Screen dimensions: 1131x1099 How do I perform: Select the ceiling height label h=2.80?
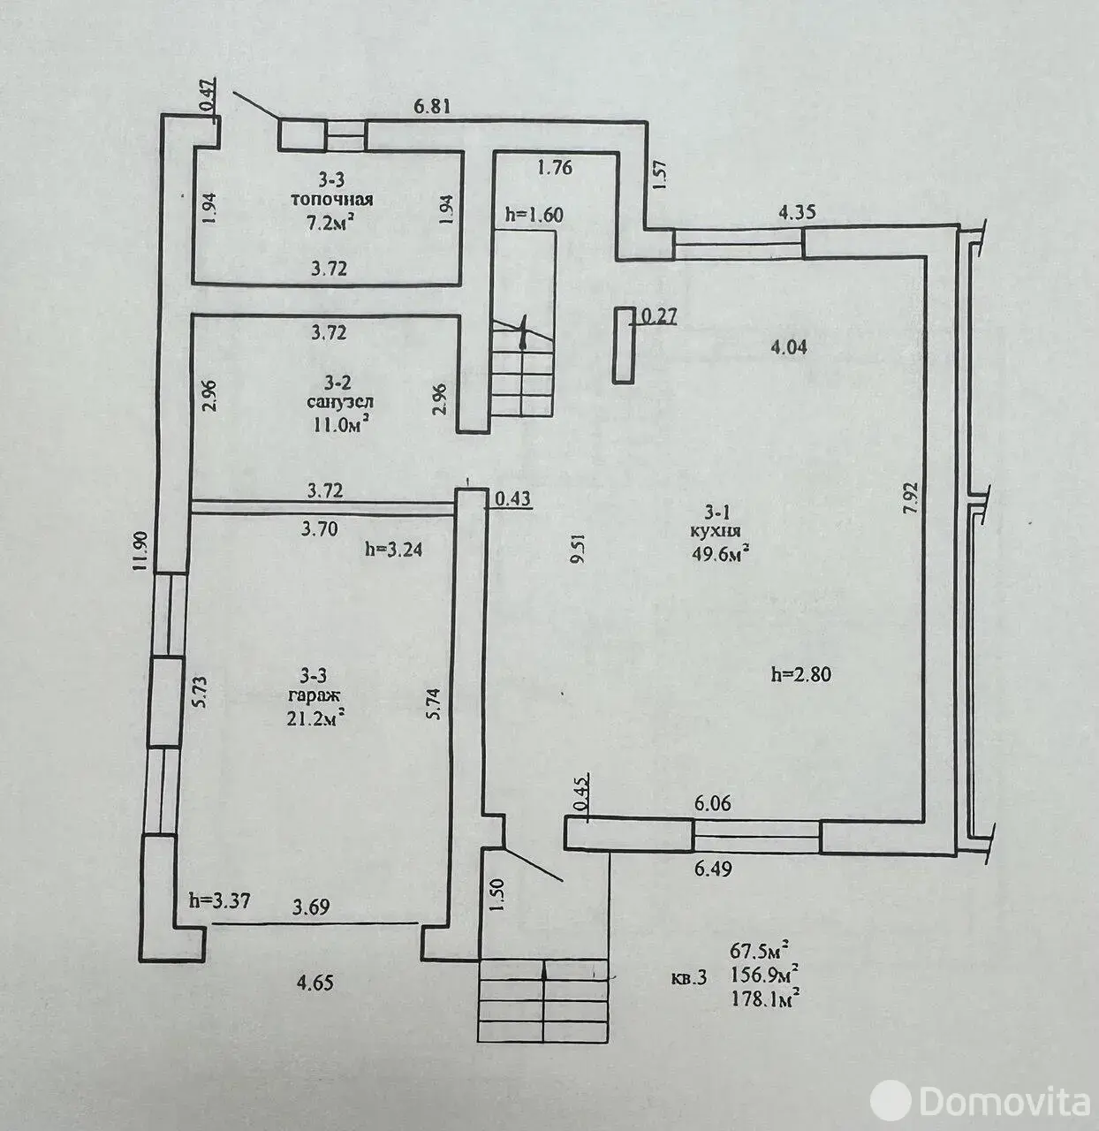pyautogui.click(x=801, y=675)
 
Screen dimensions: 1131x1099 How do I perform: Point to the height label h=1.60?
pyautogui.click(x=534, y=214)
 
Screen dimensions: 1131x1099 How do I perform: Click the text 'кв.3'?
pyautogui.click(x=688, y=978)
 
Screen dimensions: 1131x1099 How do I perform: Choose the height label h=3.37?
pyautogui.click(x=220, y=901)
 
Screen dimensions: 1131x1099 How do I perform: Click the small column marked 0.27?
pyautogui.click(x=625, y=345)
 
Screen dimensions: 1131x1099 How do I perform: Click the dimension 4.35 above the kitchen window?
pyautogui.click(x=796, y=212)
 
